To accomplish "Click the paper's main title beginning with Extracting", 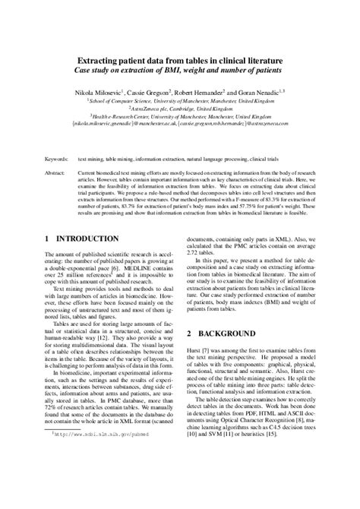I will pyautogui.click(x=179, y=59).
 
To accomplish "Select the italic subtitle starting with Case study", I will pyautogui.click(x=179, y=70).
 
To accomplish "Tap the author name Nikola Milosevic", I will pyautogui.click(x=103, y=88).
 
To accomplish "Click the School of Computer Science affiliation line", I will pyautogui.click(x=179, y=99).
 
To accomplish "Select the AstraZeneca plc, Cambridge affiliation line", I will pyautogui.click(x=179, y=107).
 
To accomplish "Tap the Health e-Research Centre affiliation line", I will pyautogui.click(x=179, y=115).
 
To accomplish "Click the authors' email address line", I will pyautogui.click(x=179, y=124).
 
